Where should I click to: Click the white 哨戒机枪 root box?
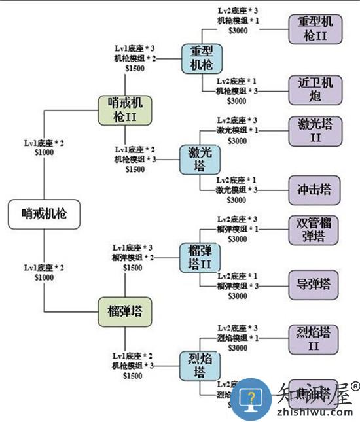[44, 213]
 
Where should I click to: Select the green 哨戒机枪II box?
[124, 110]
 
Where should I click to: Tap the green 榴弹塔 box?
[124, 311]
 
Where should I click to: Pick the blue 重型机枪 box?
[202, 58]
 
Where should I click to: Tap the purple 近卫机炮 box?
[315, 90]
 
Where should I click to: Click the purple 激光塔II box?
[315, 131]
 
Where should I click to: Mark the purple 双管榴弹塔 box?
[315, 230]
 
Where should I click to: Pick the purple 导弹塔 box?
[315, 285]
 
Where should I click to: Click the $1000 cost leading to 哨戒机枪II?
[45, 151]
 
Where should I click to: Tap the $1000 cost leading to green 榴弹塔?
[45, 277]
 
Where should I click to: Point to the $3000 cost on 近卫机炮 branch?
[236, 101]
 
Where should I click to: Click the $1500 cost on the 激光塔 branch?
[136, 169]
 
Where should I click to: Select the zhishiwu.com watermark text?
[314, 412]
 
